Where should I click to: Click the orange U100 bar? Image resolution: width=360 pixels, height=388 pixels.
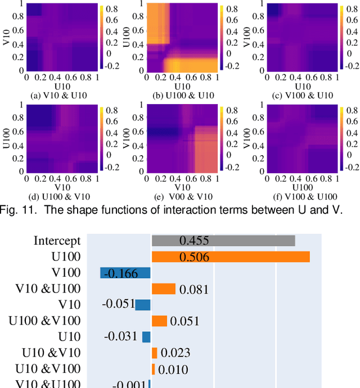tap(231, 257)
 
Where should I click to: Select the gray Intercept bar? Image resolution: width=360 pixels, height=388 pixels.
tap(223, 241)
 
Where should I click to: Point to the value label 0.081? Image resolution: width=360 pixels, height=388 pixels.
tap(194, 290)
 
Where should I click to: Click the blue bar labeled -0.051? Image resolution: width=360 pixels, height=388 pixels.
tap(143, 305)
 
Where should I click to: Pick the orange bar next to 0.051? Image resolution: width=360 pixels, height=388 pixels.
tap(159, 321)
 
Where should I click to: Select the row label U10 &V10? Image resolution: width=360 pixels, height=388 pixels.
tap(51, 353)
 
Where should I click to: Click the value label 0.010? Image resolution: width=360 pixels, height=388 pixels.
tap(173, 369)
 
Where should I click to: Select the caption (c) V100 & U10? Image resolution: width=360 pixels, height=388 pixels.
tap(299, 95)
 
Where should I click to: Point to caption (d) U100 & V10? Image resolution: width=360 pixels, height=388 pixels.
tap(60, 196)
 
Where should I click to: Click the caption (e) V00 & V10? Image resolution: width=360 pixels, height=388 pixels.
tap(180, 196)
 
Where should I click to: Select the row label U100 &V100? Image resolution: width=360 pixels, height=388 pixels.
tap(44, 321)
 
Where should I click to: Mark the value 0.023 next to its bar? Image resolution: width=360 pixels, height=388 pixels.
tap(175, 353)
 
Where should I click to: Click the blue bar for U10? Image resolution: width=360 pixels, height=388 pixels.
tap(146, 337)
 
